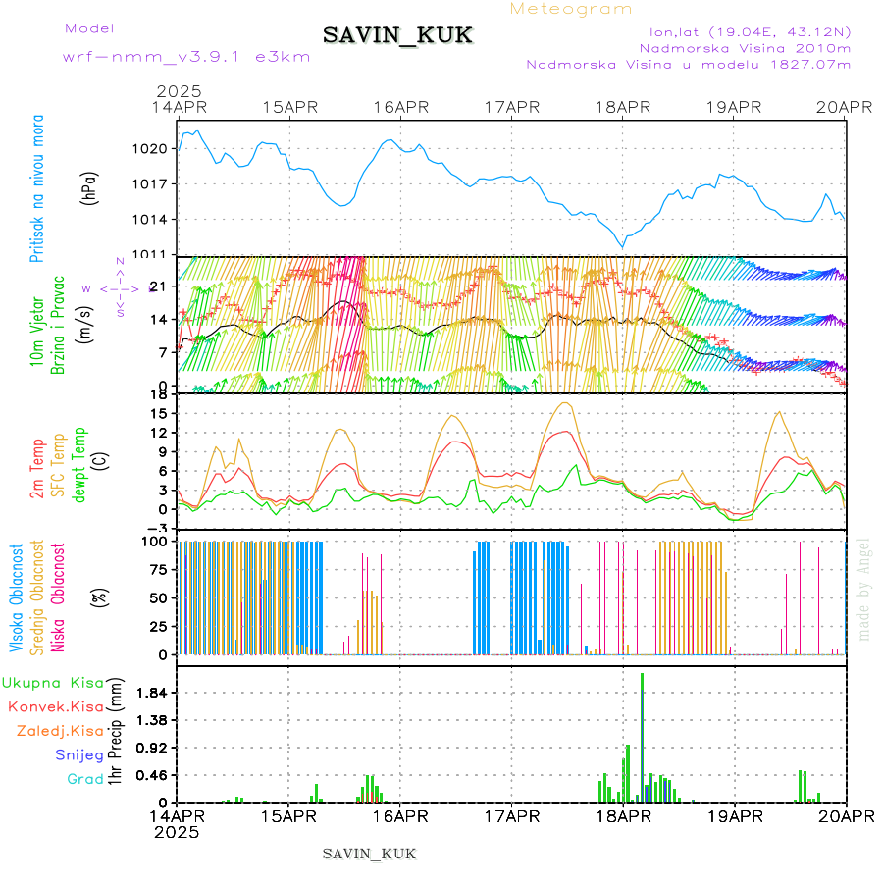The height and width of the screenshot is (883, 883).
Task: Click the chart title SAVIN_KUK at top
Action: point(398,36)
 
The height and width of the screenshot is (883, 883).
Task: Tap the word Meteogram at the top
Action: point(572,9)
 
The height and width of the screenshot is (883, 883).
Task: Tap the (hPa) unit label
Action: point(90,186)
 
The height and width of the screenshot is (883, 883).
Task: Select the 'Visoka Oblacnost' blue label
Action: point(17,597)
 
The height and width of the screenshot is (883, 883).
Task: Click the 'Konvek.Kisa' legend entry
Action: point(56,706)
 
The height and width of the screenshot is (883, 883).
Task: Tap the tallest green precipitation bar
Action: point(642,736)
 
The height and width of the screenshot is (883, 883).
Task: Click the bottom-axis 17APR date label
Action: point(511,814)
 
